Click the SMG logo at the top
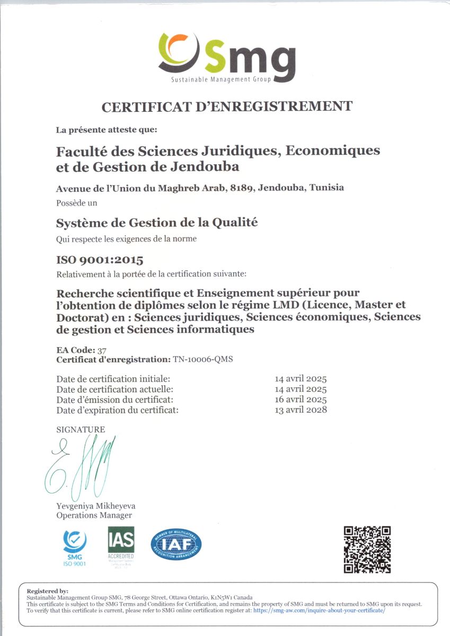226,57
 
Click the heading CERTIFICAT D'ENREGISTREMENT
226,107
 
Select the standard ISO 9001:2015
100,260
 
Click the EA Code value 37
102,350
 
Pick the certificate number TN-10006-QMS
203,359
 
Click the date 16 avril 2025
301,399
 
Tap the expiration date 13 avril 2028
301,409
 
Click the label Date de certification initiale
113,379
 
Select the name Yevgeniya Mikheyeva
95,506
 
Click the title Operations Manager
94,515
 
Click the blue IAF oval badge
176,545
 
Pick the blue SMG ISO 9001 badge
75,547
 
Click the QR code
367,549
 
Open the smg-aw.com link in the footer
319,610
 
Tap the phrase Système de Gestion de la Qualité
157,223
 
